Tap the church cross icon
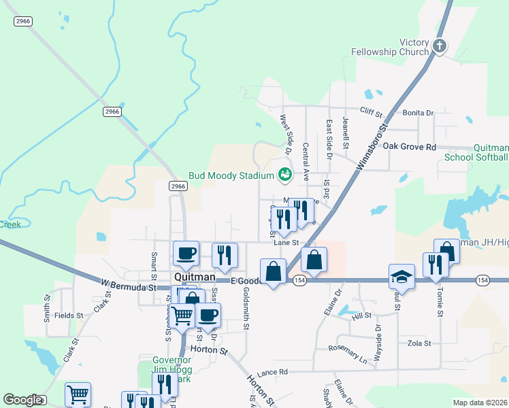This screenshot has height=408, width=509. (x=440, y=47)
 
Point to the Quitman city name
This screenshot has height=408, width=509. (x=195, y=277)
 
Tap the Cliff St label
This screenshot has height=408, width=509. (x=372, y=113)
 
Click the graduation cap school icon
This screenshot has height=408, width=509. (x=401, y=276)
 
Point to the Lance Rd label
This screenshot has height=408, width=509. (x=273, y=372)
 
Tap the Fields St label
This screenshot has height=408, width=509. (x=69, y=316)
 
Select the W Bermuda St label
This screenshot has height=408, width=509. (x=129, y=284)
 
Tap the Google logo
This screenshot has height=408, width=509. (x=22, y=400)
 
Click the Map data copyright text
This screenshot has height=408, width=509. (x=479, y=403)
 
